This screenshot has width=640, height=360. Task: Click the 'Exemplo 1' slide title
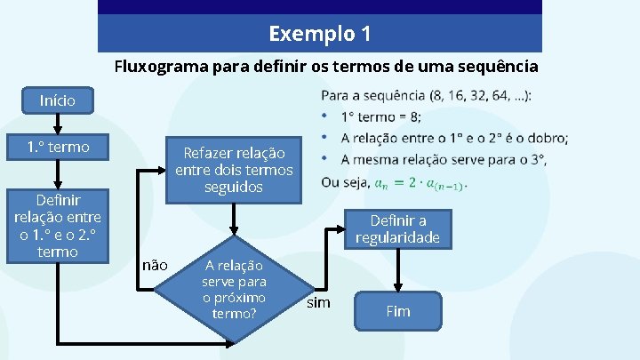pos(320,35)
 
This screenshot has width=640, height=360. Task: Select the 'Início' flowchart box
pos(58,101)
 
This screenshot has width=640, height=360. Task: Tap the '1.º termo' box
pos(58,148)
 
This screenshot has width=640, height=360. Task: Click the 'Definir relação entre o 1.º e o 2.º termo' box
pos(58,226)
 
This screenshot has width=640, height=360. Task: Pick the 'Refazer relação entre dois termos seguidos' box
pos(234,169)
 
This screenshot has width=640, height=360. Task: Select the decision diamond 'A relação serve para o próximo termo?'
pos(234,289)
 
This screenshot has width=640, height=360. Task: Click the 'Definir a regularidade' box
pos(398,229)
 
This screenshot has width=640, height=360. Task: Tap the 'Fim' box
pos(398,311)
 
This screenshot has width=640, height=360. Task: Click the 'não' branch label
pos(155,265)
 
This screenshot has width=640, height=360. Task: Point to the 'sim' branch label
pos(318,303)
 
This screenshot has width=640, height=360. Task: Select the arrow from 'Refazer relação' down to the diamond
pos(234,219)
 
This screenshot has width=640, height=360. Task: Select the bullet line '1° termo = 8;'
pos(381,116)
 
